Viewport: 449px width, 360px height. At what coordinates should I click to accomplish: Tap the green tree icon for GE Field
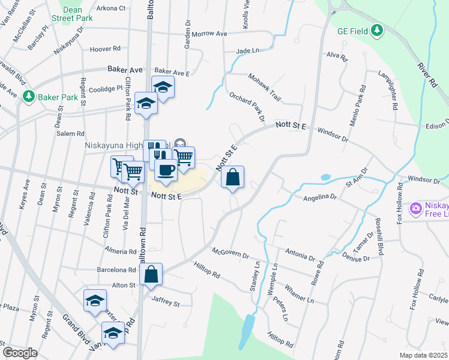376,30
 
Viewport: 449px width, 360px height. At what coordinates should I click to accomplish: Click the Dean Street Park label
76,14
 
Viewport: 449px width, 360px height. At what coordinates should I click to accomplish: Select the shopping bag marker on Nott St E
233,177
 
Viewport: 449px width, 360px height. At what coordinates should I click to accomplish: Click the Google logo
20,353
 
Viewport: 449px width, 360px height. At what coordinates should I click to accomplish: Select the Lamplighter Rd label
388,90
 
